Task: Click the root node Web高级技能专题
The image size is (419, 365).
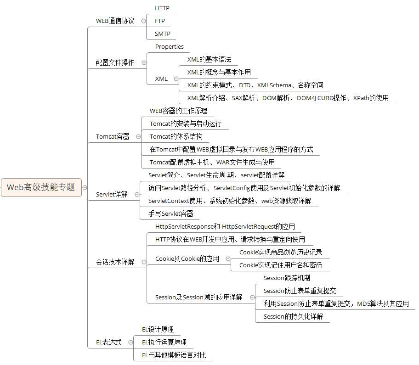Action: tap(41, 187)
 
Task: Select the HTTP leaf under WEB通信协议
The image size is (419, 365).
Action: tap(162, 8)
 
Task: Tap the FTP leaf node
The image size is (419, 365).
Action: tap(160, 21)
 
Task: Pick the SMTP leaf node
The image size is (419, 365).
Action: tap(162, 34)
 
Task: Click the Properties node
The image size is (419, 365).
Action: tap(169, 46)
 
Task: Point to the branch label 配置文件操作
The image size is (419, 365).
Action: tap(115, 62)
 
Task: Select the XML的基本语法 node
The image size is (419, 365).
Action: tap(209, 59)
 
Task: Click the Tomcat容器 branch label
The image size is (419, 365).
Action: tap(113, 136)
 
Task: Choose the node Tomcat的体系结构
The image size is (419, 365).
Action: tap(176, 136)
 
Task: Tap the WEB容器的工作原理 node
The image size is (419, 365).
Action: tap(178, 111)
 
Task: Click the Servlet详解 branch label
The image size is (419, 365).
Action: tap(112, 194)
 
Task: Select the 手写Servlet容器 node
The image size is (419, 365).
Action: tap(170, 213)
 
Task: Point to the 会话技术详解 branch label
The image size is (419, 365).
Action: tap(115, 262)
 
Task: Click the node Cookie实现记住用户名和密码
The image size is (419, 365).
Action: tap(281, 265)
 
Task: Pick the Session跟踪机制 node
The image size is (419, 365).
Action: tap(287, 278)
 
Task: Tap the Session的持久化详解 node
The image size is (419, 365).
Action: tap(293, 316)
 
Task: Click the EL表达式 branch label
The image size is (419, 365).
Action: tap(109, 342)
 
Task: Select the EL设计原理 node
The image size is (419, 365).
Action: tap(158, 329)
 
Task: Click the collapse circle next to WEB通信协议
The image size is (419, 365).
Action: tap(143, 21)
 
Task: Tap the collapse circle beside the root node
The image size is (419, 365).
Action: tap(85, 187)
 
